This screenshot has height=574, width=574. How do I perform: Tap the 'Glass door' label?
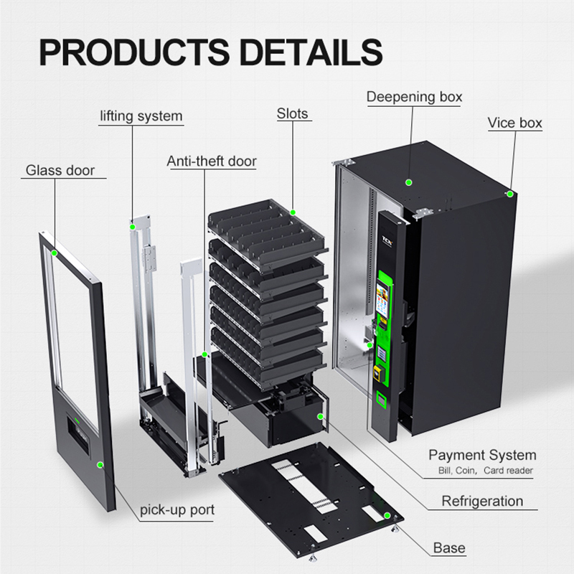pyautogui.click(x=60, y=171)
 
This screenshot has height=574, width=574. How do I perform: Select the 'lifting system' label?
pyautogui.click(x=141, y=116)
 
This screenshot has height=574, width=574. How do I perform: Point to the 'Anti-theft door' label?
pyautogui.click(x=212, y=161)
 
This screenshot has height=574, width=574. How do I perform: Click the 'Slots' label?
pyautogui.click(x=292, y=113)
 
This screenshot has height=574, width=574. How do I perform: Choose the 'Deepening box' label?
pyautogui.click(x=415, y=97)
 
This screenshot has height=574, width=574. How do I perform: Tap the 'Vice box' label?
pyautogui.click(x=514, y=123)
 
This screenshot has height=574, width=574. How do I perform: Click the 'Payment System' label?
pyautogui.click(x=482, y=455)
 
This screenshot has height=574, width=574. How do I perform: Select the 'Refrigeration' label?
pyautogui.click(x=482, y=501)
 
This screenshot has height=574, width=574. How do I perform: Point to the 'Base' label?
pyautogui.click(x=449, y=548)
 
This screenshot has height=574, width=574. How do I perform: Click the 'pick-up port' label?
pyautogui.click(x=177, y=511)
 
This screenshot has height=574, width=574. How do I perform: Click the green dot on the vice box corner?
pyautogui.click(x=509, y=194)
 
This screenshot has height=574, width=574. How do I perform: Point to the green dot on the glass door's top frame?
pyautogui.click(x=55, y=253)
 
